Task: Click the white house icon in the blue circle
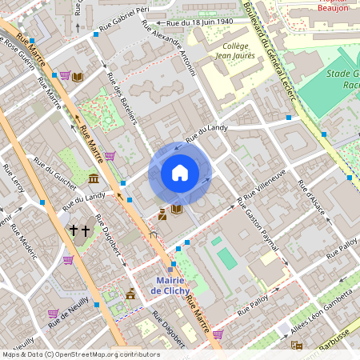pos(180,172)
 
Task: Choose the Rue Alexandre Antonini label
pos(168,46)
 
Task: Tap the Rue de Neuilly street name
pos(67,314)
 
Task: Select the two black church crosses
pos(79,230)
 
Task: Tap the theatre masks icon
pos(297,346)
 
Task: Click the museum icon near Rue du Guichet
pos(94,178)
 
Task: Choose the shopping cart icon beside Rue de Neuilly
pos(54,314)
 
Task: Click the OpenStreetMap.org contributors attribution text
pos(108,354)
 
